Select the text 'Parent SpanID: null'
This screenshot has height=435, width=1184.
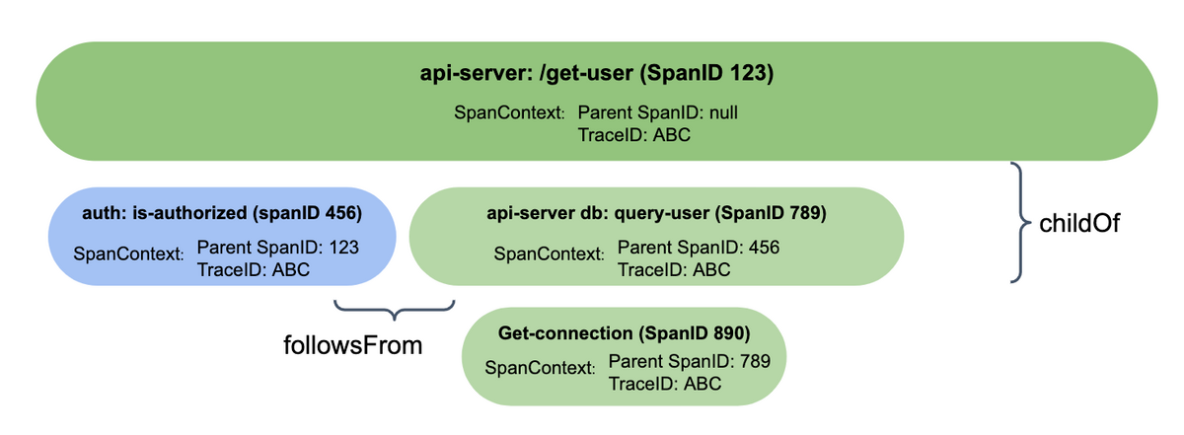click(657, 112)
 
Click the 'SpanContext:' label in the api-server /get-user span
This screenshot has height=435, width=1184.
click(508, 113)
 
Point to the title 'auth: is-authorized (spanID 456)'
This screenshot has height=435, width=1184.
click(222, 212)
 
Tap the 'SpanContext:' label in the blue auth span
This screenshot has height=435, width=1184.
click(128, 254)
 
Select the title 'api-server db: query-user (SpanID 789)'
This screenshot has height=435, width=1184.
click(655, 212)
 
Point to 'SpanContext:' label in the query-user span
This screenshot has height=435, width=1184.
click(549, 254)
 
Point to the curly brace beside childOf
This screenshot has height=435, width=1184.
click(1019, 223)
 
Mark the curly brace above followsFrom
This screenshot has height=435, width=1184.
click(394, 311)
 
